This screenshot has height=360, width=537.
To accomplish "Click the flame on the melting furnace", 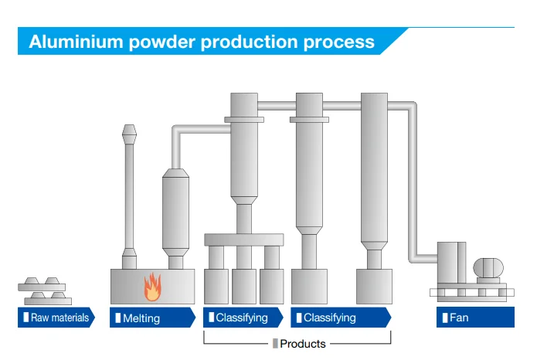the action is click(152, 287).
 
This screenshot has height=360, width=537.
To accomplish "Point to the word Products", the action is click(303, 344).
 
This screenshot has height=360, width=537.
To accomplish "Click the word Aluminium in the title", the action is click(76, 42).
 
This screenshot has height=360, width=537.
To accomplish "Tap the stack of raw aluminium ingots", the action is click(45, 290).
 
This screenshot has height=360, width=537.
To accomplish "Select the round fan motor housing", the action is click(488, 267).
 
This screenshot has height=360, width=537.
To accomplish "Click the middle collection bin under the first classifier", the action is click(244, 287).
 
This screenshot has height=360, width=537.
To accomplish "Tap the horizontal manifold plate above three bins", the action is click(244, 239).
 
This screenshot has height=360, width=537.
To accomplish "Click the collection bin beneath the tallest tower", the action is click(374, 287).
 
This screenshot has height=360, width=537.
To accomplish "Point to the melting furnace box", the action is click(152, 287).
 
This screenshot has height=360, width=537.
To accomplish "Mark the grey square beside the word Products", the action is click(275, 344).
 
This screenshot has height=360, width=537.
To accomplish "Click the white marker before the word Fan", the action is click(445, 318).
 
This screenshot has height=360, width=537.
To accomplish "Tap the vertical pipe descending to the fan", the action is click(413, 182).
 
